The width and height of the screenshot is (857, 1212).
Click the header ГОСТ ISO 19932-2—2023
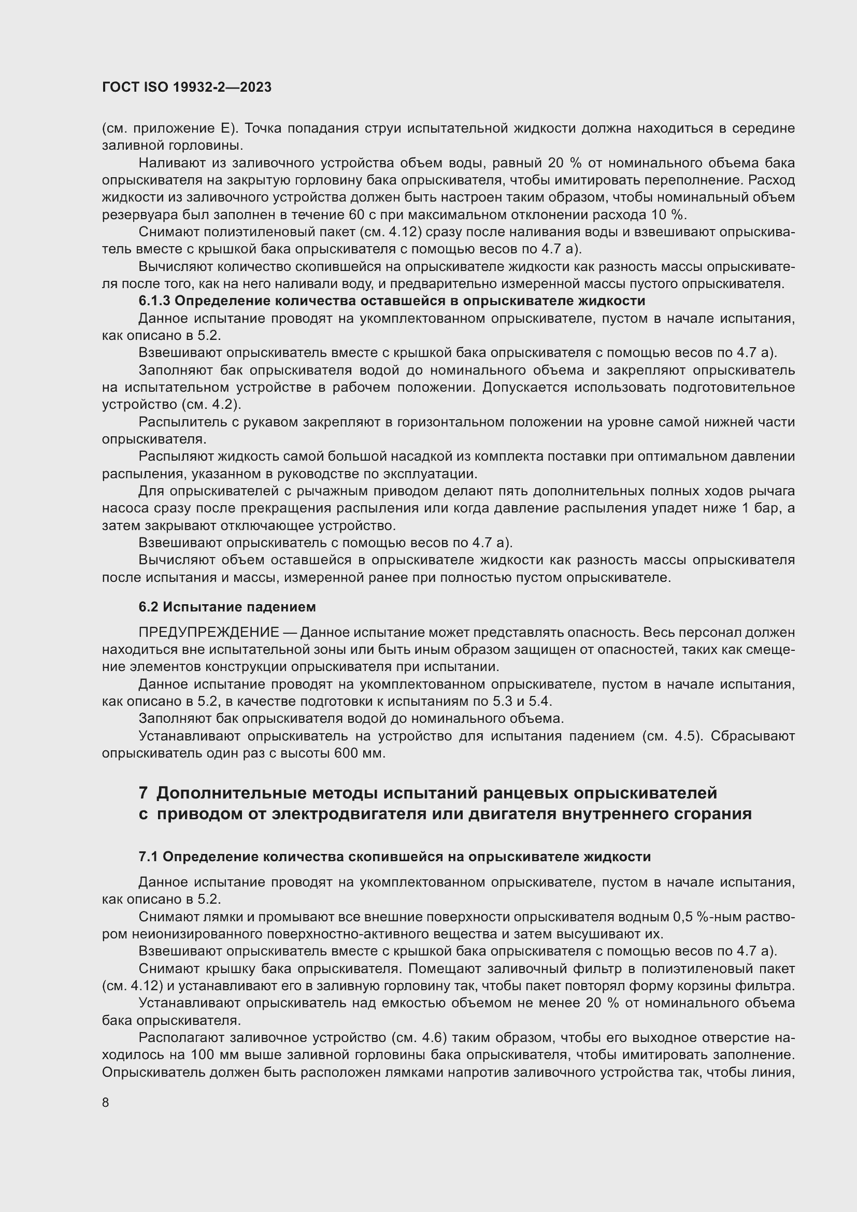click(x=187, y=87)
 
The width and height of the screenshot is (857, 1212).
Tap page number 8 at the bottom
click(x=106, y=1103)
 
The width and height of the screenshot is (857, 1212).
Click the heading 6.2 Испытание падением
click(x=227, y=607)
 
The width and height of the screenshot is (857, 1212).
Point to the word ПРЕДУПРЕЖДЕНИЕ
click(x=208, y=632)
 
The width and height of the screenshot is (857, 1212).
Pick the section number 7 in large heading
click(x=143, y=793)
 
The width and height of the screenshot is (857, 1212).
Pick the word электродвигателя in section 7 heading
click(x=349, y=814)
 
